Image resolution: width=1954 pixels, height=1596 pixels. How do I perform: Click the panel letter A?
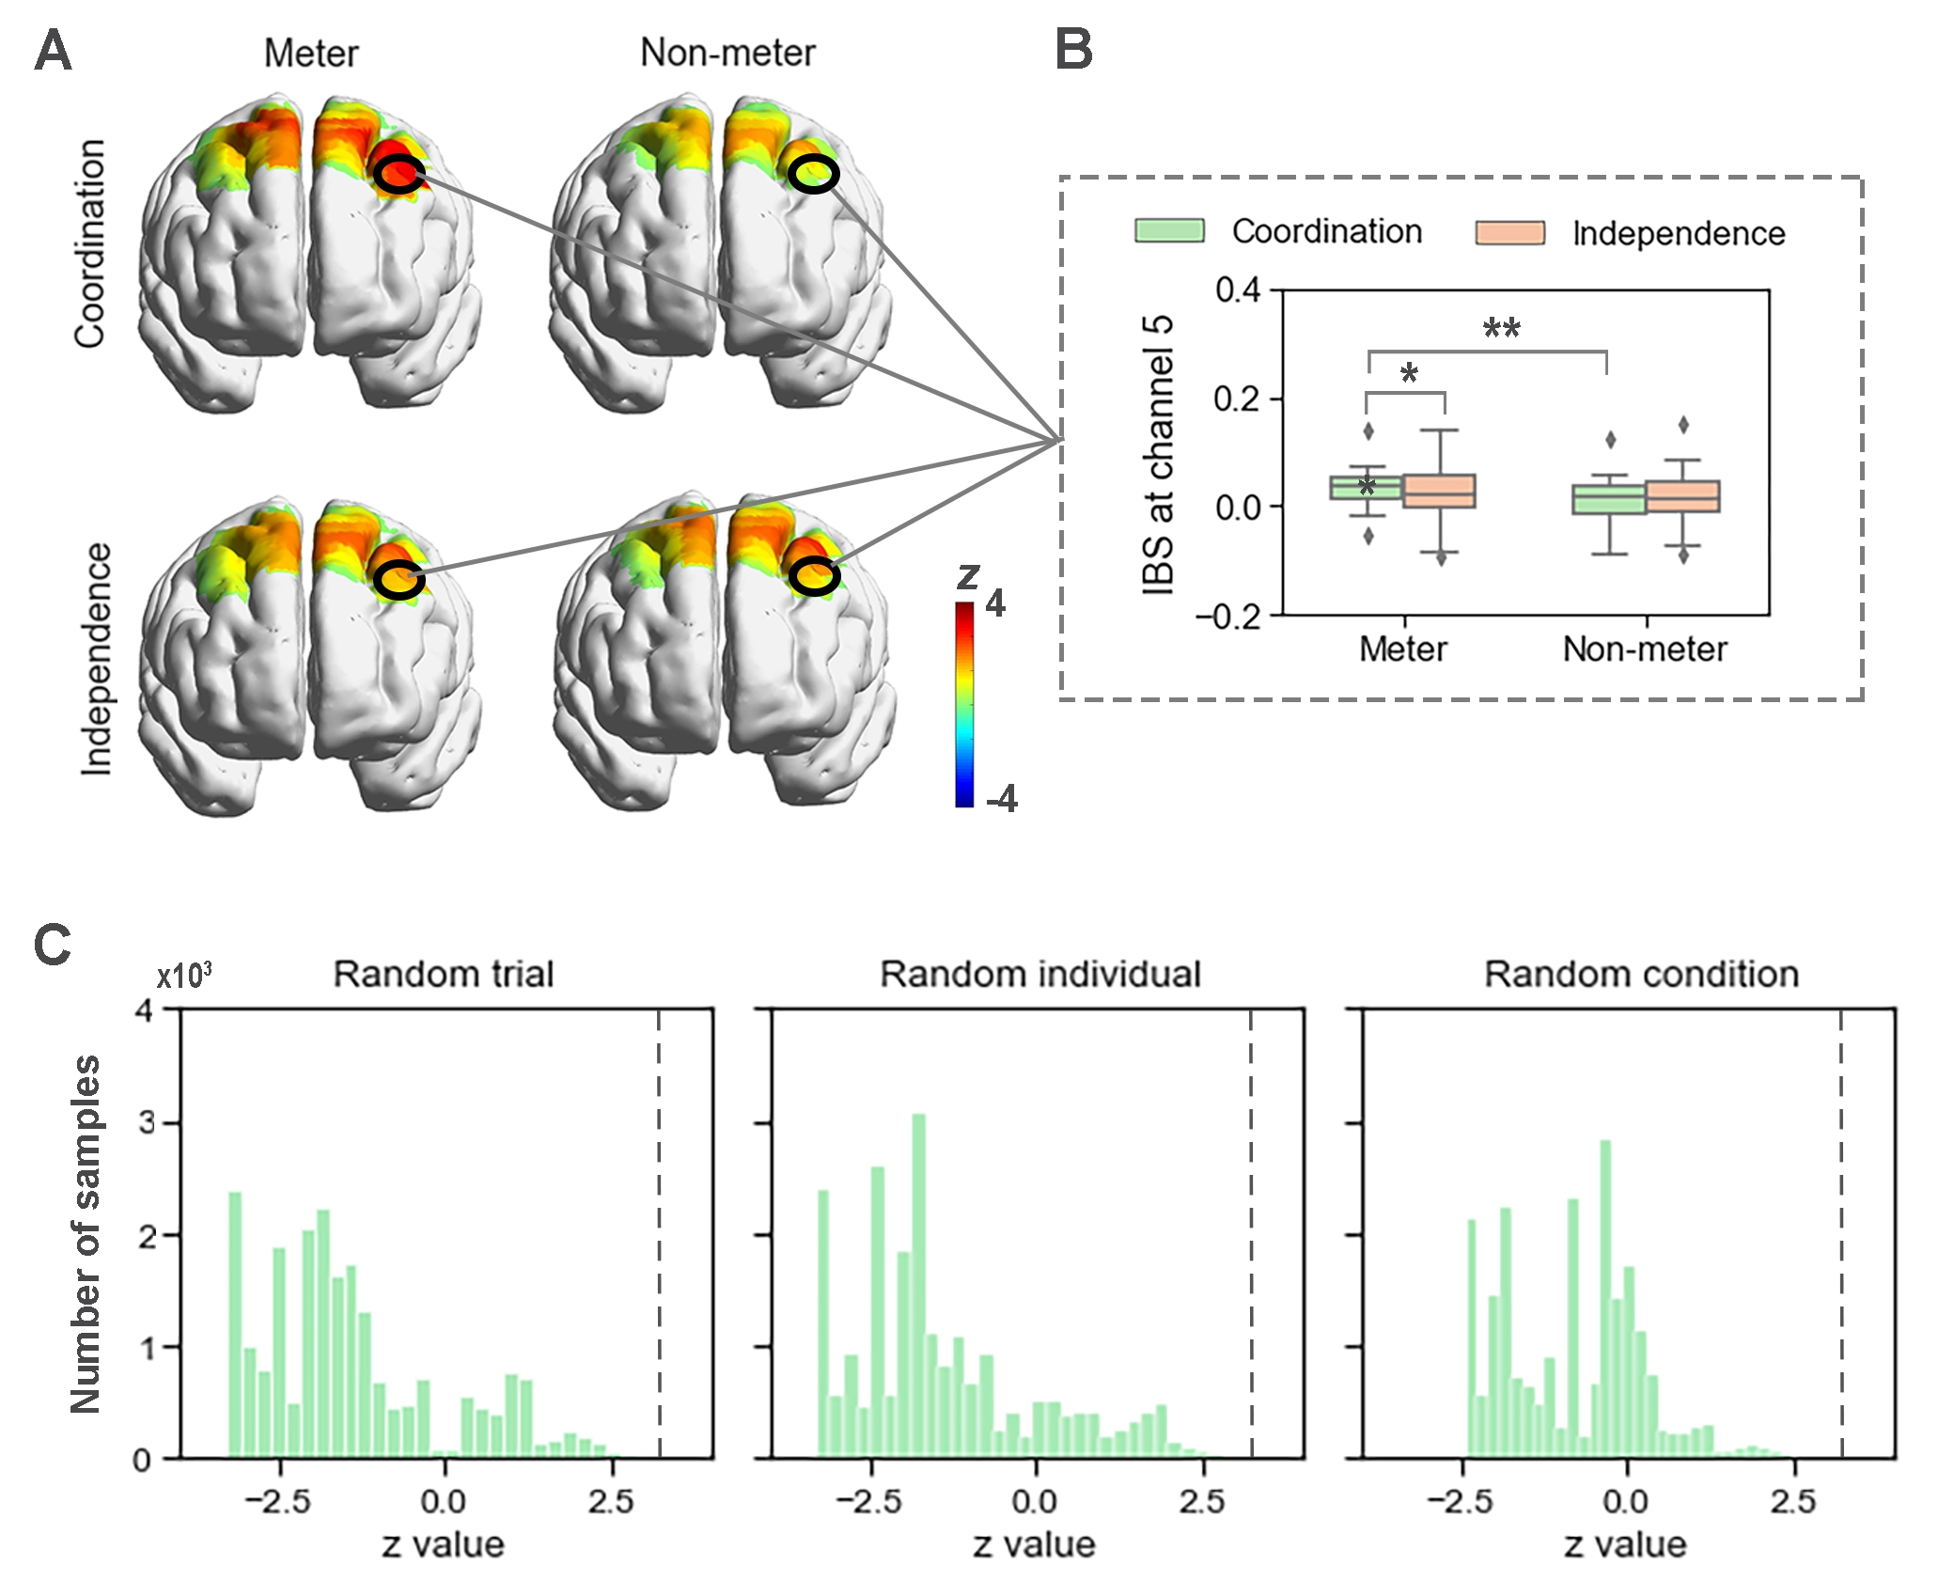[53, 51]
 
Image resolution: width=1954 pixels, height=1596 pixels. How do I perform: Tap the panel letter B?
[1074, 51]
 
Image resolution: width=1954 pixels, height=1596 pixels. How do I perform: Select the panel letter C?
[53, 945]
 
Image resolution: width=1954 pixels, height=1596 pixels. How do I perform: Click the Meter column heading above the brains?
[311, 54]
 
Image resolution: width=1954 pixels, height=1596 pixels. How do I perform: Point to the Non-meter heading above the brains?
[727, 54]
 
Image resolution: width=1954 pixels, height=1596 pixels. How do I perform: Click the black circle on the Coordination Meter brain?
[399, 174]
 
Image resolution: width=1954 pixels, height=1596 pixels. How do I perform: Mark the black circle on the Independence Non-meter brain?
[813, 575]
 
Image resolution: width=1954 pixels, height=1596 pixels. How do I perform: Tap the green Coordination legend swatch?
[1169, 231]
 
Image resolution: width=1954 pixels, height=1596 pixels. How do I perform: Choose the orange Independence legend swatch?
[1509, 233]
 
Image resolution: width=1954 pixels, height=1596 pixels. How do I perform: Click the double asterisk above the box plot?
[1501, 329]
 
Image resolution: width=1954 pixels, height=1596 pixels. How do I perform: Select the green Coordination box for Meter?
[1366, 488]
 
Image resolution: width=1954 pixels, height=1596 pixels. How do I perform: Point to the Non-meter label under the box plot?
[1644, 649]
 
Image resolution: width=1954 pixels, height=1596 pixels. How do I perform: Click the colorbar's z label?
[967, 574]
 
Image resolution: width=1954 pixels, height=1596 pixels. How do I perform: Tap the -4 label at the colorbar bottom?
[1001, 799]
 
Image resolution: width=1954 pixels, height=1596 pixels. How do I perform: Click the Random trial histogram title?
[444, 975]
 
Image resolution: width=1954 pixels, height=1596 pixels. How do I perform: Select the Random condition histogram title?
[1641, 975]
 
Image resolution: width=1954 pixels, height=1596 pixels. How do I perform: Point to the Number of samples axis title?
[86, 1233]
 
